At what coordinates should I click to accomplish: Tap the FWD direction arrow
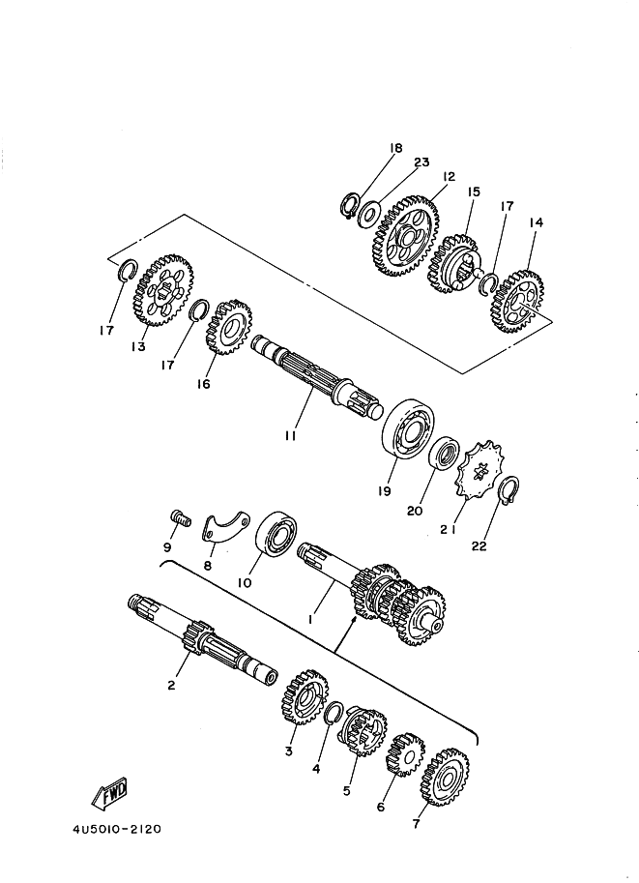point(109,793)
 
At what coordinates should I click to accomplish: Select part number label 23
point(421,162)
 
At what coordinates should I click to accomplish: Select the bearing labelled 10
point(276,535)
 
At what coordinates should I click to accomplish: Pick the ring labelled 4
point(330,715)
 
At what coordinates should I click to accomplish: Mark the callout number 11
point(290,435)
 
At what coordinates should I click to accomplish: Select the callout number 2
point(170,685)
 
